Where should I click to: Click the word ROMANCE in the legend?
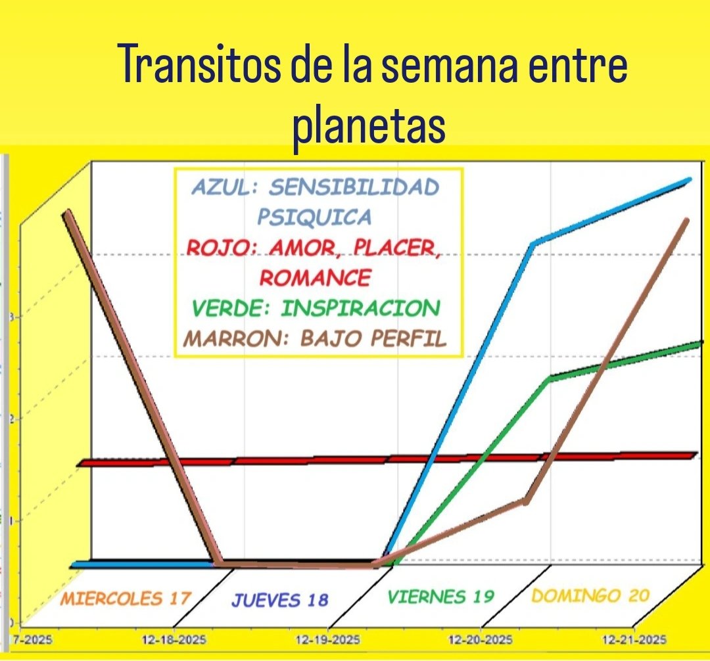coord(315,277)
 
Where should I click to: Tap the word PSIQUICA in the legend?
coord(314,217)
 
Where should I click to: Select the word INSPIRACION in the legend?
coord(360,308)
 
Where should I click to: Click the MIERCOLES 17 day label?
coord(125,599)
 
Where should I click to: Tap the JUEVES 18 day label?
coord(279,599)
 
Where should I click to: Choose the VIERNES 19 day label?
coord(440,597)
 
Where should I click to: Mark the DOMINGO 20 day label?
coord(590,596)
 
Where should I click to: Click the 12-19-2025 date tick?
coord(327,639)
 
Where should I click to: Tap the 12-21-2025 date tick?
coord(634,639)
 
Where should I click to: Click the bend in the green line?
coord(550,379)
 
